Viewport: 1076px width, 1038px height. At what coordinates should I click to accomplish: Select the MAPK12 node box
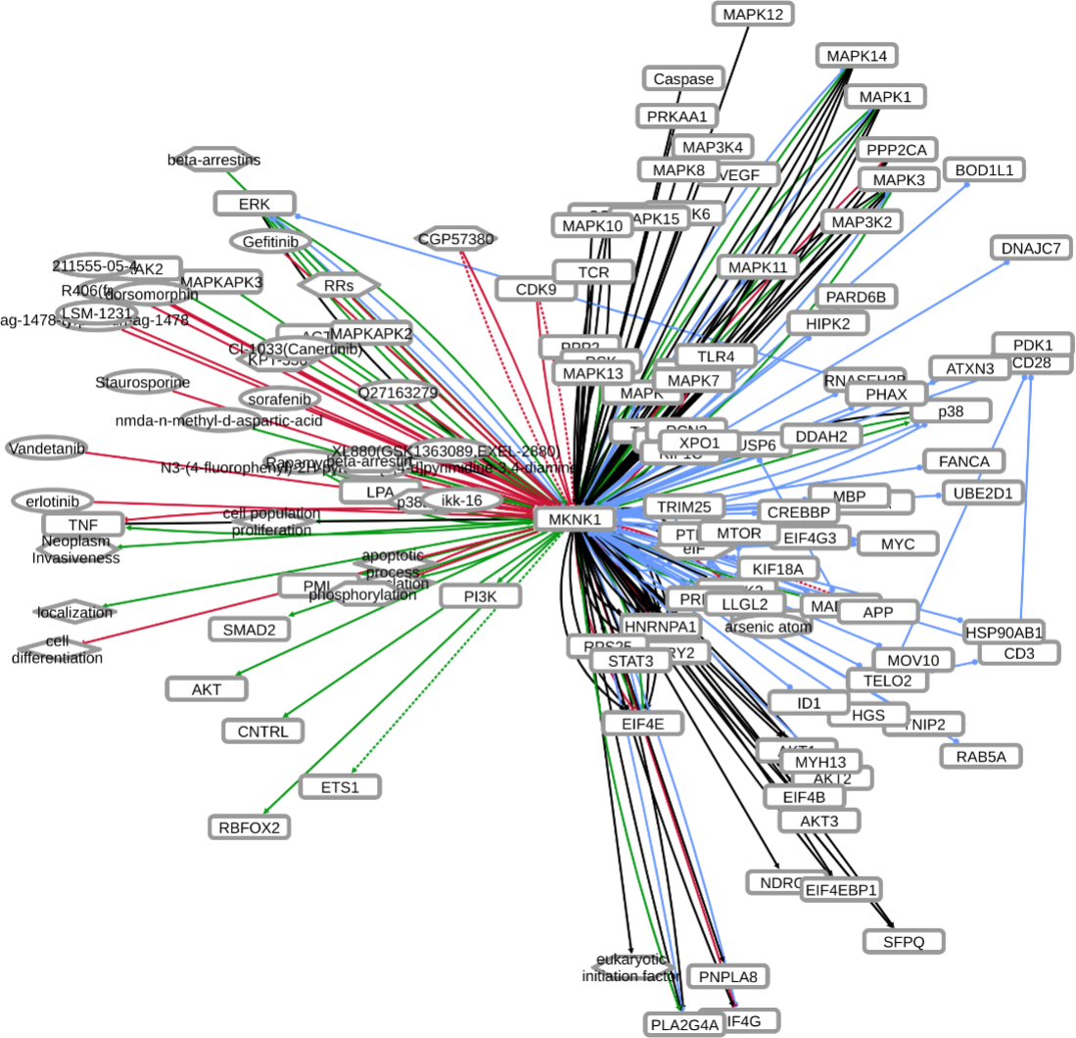coord(752,15)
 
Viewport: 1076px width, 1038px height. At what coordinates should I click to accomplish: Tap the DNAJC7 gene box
coord(1031,248)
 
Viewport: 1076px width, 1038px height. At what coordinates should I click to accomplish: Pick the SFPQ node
coord(904,941)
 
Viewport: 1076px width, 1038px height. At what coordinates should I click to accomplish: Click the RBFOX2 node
coord(250,827)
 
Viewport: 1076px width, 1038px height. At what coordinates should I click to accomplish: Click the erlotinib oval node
coord(53,500)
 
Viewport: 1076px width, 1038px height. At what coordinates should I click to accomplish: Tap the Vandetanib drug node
coord(46,448)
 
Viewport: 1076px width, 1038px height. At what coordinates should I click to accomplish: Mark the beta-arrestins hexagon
coord(213,160)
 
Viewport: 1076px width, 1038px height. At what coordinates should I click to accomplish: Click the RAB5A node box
coord(981,755)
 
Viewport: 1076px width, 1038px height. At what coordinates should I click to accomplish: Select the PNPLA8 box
coord(727,975)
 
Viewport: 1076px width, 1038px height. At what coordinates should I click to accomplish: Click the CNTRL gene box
coord(262,731)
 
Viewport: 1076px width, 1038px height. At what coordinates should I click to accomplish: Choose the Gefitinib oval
coord(270,240)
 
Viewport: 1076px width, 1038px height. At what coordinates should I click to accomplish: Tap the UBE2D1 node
coord(983,492)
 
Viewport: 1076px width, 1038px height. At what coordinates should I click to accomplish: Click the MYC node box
coord(897,543)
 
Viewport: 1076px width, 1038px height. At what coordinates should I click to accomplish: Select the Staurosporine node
coord(143,382)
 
